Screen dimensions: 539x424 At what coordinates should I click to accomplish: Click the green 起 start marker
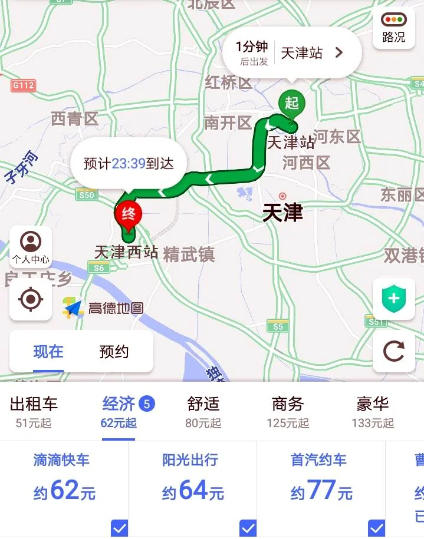coord(291,104)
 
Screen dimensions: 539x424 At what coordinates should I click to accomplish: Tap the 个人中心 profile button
coord(31,247)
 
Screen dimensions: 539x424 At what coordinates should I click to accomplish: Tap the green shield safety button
coord(393,299)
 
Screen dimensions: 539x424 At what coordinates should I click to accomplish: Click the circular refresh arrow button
coord(393,352)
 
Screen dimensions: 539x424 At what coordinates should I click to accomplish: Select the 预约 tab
coord(114,352)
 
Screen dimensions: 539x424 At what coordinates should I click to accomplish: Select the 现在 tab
coord(48,352)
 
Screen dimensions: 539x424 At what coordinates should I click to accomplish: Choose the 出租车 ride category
coord(34,411)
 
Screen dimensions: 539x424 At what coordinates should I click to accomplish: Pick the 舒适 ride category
coord(203,411)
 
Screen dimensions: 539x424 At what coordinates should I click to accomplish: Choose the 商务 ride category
coord(288,411)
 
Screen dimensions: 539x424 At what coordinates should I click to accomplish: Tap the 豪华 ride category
coord(373,411)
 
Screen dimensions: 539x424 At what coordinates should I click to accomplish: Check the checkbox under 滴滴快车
coord(119,528)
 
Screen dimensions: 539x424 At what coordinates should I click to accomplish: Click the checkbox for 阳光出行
coord(248,528)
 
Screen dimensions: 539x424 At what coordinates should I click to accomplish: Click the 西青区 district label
coord(74,119)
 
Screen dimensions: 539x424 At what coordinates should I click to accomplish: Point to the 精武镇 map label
coord(189,254)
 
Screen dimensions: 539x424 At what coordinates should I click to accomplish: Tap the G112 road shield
coord(24,85)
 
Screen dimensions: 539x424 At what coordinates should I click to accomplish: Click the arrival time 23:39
coord(129,163)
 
